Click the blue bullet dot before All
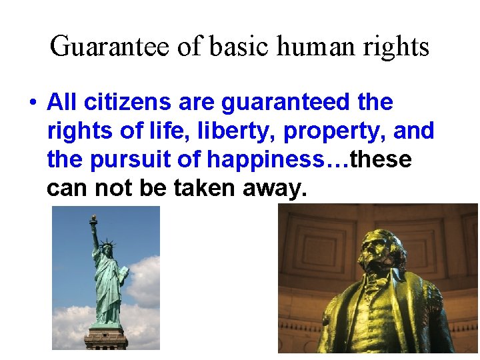[31, 103]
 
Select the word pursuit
[135, 160]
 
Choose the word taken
[204, 189]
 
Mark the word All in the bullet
[62, 103]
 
